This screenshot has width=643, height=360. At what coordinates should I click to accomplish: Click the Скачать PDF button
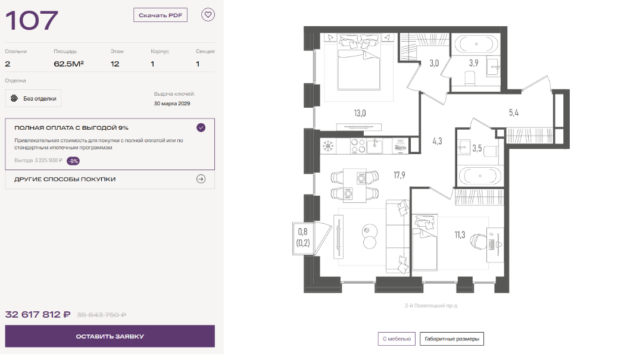pyautogui.click(x=160, y=15)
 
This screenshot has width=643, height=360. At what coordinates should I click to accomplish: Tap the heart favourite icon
pyautogui.click(x=208, y=15)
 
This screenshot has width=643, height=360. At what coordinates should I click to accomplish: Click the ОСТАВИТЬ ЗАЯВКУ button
pyautogui.click(x=110, y=336)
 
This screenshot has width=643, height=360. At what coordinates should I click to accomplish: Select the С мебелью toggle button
pyautogui.click(x=397, y=339)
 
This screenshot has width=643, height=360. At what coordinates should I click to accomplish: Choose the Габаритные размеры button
pyautogui.click(x=452, y=339)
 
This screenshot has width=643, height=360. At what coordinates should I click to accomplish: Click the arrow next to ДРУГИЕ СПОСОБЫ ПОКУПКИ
pyautogui.click(x=201, y=179)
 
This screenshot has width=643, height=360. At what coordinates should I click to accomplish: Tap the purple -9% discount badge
pyautogui.click(x=73, y=161)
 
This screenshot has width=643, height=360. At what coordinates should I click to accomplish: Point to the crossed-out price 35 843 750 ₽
pyautogui.click(x=101, y=315)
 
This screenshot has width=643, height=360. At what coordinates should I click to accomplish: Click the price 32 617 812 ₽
pyautogui.click(x=38, y=315)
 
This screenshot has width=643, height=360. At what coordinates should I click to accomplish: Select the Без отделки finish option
pyautogui.click(x=33, y=98)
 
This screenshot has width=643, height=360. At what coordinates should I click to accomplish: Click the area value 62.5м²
pyautogui.click(x=69, y=64)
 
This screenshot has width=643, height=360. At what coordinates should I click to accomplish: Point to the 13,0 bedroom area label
pyautogui.click(x=360, y=113)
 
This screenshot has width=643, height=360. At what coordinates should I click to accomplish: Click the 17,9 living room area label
pyautogui.click(x=399, y=176)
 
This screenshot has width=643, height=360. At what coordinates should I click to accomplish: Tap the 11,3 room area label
pyautogui.click(x=460, y=235)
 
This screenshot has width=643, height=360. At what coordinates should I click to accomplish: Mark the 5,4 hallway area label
pyautogui.click(x=514, y=112)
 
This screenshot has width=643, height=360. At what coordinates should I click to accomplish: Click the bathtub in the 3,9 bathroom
pyautogui.click(x=476, y=44)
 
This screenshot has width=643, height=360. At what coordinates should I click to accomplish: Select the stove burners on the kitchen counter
pyautogui.click(x=358, y=146)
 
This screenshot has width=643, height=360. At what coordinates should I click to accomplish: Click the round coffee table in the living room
pyautogui.click(x=370, y=237)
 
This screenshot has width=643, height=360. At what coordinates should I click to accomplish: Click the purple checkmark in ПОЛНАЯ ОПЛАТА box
pyautogui.click(x=201, y=127)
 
